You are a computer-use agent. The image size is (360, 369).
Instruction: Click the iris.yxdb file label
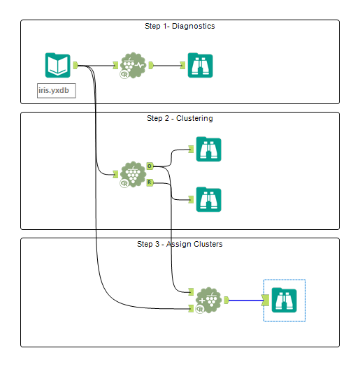(57, 90)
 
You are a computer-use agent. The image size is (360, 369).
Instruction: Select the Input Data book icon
(57, 66)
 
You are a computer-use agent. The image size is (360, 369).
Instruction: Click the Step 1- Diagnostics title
(180, 27)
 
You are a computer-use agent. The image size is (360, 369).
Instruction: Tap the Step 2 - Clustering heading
(180, 119)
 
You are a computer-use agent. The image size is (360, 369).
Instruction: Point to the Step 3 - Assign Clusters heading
(180, 245)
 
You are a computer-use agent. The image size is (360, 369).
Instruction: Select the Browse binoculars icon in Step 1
(200, 66)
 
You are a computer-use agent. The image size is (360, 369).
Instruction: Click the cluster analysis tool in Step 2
(132, 174)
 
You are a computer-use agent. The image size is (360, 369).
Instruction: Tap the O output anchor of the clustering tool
(150, 166)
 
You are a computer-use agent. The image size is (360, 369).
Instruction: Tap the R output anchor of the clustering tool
(150, 182)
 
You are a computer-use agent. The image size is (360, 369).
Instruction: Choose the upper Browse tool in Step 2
(208, 149)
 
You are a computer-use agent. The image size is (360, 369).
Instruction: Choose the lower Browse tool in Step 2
(208, 199)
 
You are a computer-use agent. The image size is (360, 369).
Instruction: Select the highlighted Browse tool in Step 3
(285, 300)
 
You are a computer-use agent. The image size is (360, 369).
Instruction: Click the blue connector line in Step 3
(245, 301)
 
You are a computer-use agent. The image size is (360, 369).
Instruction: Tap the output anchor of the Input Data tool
(75, 66)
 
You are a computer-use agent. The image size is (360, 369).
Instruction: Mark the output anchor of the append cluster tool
(225, 300)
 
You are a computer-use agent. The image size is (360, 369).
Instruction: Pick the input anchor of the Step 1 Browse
(182, 66)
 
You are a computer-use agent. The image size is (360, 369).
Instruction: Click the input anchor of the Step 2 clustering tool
(115, 174)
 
